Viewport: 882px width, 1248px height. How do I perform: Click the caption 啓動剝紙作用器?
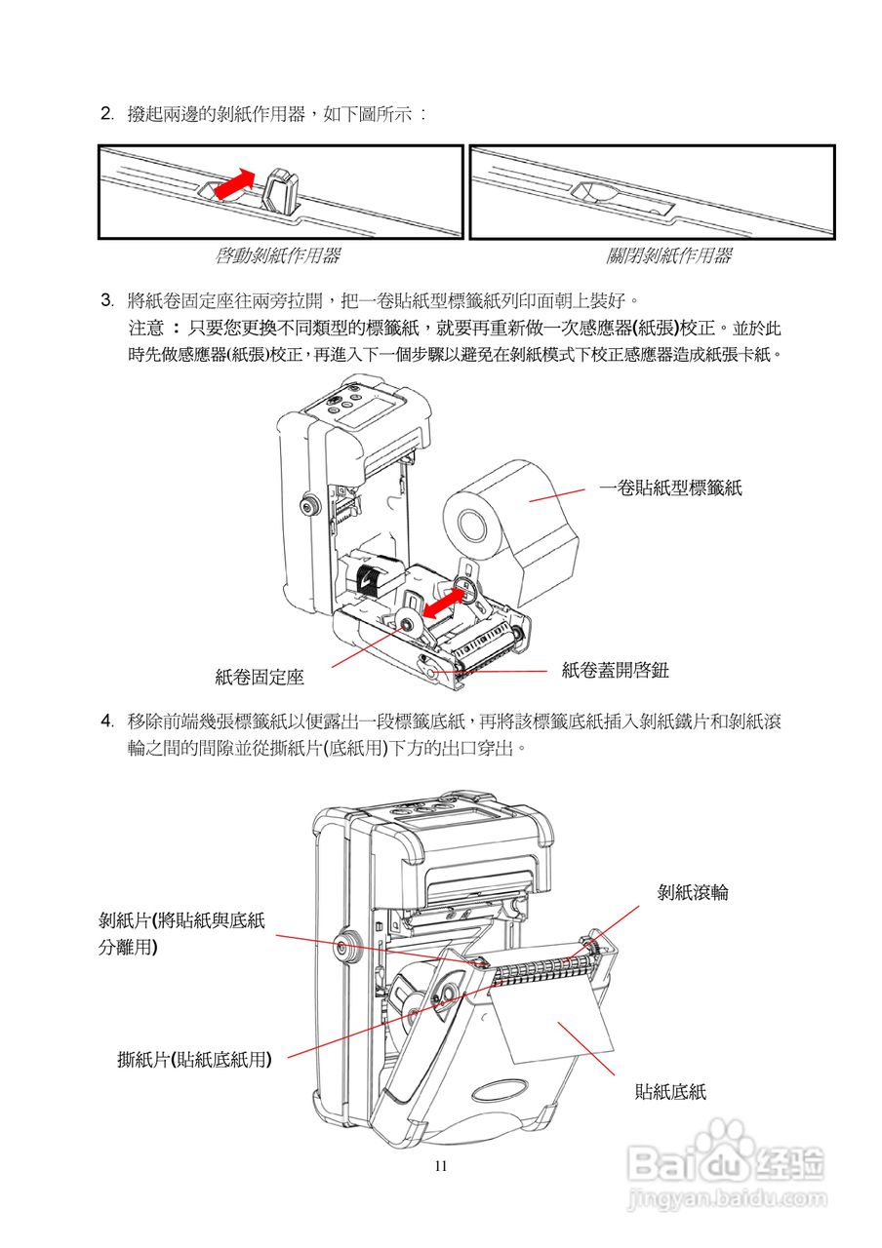(x=277, y=256)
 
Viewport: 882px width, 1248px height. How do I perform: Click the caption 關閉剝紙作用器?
(x=668, y=256)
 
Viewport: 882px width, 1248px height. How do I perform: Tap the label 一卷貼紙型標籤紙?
(x=670, y=488)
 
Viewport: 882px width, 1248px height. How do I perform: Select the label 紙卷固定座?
(x=260, y=676)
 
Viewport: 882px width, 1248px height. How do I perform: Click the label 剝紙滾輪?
(x=693, y=891)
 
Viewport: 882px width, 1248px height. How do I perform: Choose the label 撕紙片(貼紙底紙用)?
(x=194, y=1059)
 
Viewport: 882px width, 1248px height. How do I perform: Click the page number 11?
(x=441, y=1166)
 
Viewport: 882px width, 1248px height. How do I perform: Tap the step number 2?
(x=106, y=114)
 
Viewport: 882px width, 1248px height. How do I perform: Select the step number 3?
(x=106, y=297)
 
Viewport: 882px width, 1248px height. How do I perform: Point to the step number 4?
(x=106, y=721)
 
